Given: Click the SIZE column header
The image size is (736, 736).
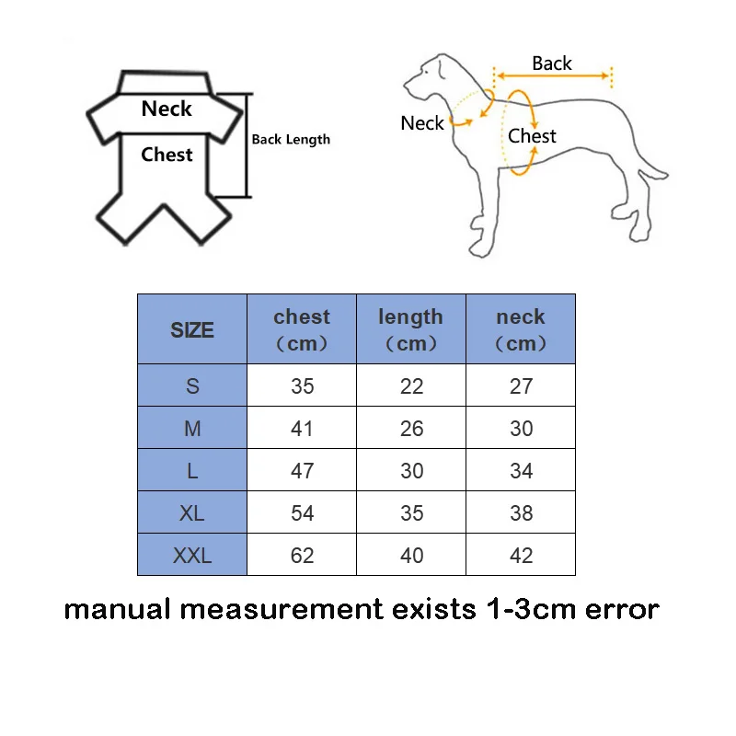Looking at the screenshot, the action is [191, 330].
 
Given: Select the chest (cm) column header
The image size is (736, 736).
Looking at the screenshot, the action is [302, 329].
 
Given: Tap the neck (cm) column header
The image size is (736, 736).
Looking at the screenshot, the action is [521, 329].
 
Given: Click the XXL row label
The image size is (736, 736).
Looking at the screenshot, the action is [191, 556].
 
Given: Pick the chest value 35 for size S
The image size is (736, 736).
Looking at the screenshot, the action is [302, 386].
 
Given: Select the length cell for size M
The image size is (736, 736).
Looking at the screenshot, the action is [411, 429].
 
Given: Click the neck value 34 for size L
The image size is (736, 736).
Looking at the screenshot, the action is [521, 471].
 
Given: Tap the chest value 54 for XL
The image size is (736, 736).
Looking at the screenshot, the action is [302, 513].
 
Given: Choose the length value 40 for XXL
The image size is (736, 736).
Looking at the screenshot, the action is [411, 556].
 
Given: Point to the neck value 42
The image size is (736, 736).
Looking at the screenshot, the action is [521, 556].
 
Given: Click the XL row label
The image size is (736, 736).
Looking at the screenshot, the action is [191, 513].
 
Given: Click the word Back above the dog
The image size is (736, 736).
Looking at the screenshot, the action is [552, 63].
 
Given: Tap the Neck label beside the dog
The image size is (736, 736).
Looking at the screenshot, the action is [422, 123].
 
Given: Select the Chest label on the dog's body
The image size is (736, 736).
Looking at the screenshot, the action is [532, 136].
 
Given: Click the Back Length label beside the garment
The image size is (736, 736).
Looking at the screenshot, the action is [291, 140].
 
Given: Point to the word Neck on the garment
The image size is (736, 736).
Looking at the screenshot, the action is [167, 109].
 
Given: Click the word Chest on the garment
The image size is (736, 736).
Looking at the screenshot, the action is [167, 155].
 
